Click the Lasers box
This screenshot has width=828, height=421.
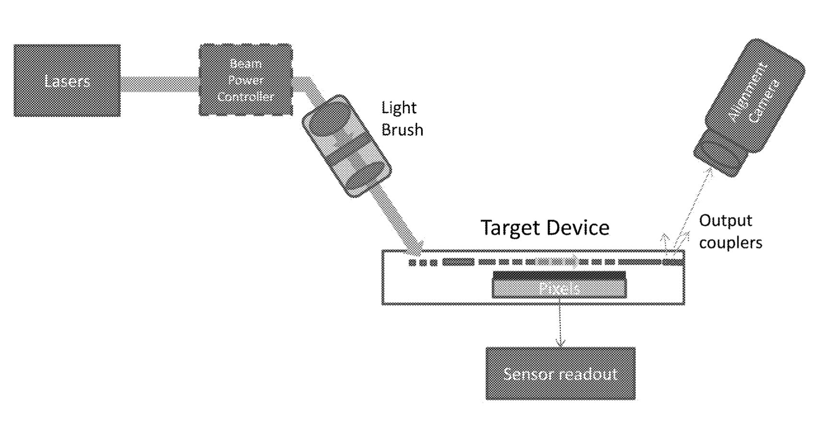pos(67,81)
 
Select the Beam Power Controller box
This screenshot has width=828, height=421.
pos(245,80)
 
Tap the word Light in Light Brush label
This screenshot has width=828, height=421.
pos(398,108)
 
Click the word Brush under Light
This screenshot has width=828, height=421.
pos(402,130)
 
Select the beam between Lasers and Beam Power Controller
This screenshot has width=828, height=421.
pos(159,84)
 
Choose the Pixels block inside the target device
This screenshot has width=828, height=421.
pos(559,289)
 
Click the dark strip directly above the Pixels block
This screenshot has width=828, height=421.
pos(559,275)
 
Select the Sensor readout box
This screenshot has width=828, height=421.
pos(560,374)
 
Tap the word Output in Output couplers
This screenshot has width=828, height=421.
pos(725,221)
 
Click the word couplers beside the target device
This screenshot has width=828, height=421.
pos(730,243)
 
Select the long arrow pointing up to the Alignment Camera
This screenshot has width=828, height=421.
pos(696,206)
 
